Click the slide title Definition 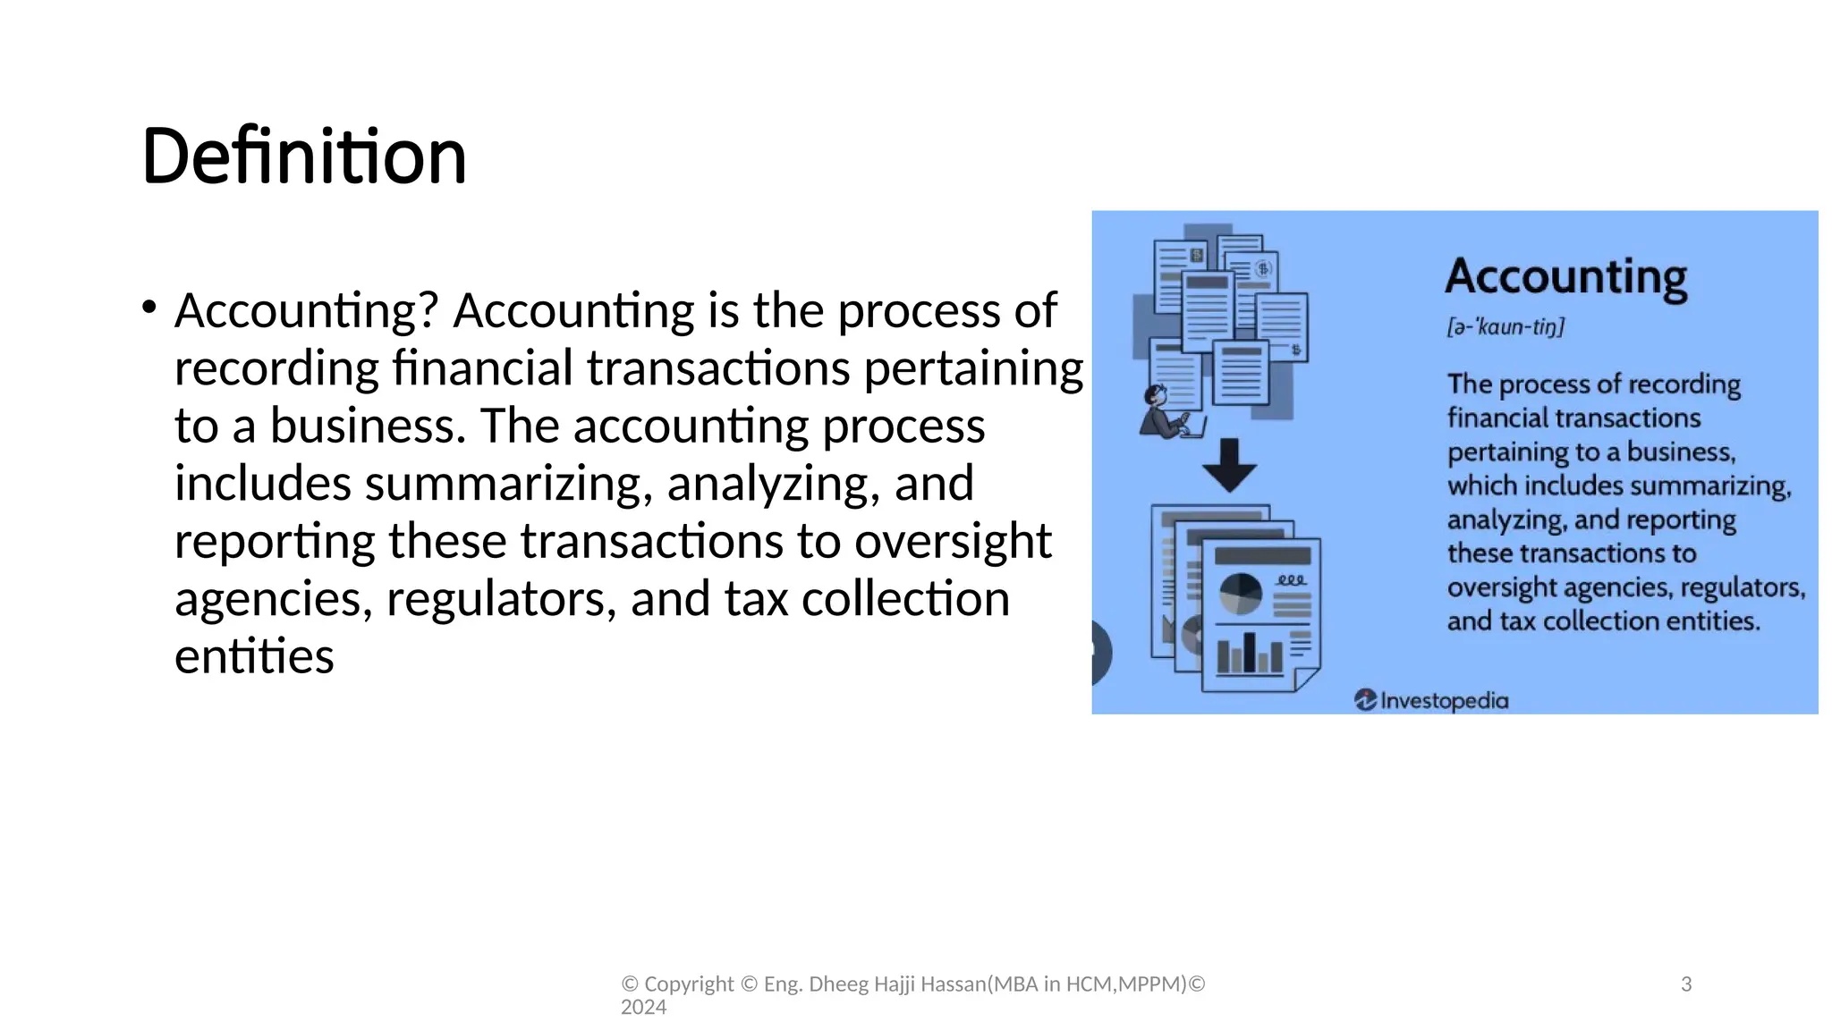(304, 156)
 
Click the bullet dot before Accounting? (148, 308)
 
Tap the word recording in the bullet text (276, 368)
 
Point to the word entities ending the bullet (254, 656)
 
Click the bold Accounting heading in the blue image (1565, 276)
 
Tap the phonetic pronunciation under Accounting (1505, 327)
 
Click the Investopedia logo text (1444, 700)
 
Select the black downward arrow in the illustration (1229, 465)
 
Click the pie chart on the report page (1241, 594)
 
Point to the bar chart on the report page (1250, 654)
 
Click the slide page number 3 (1686, 984)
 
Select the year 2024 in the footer (643, 1008)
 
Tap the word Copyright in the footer (689, 984)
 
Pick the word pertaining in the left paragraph (973, 368)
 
